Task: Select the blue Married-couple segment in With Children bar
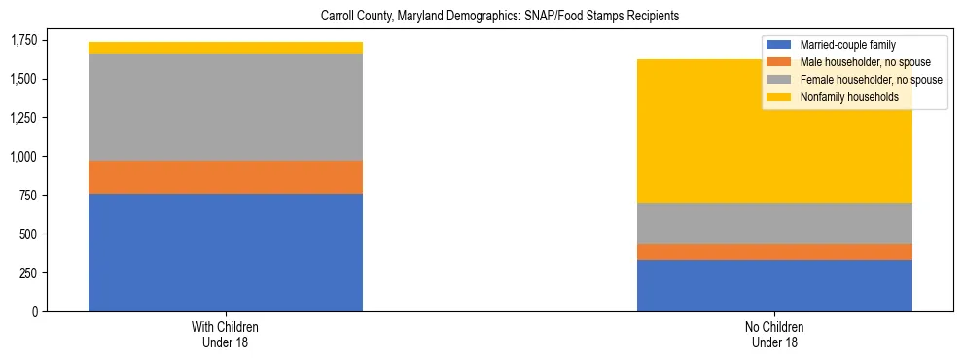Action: (x=226, y=252)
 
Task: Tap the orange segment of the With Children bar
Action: (x=226, y=177)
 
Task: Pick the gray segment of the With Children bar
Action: (x=226, y=107)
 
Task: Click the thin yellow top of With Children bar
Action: (x=226, y=48)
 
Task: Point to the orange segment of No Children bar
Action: (x=774, y=252)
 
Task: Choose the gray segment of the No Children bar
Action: (x=774, y=224)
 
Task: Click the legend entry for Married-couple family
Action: (x=847, y=45)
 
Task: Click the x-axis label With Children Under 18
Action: (x=226, y=335)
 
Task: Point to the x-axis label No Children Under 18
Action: (x=774, y=335)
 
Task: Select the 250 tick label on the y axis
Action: (x=30, y=273)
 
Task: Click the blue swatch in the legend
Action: (x=779, y=45)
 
